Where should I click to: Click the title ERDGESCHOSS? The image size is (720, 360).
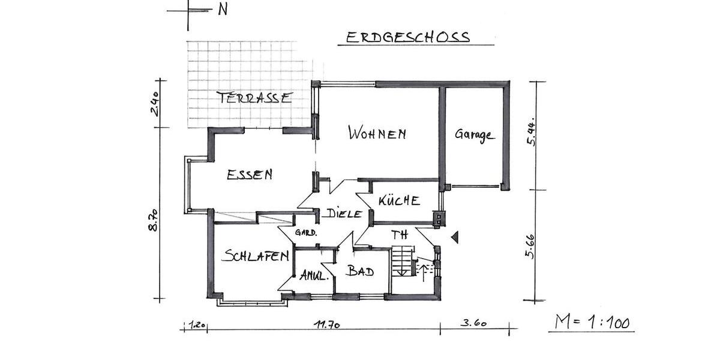pos(407,37)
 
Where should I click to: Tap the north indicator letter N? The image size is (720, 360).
pos(223,10)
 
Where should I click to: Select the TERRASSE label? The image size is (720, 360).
pos(254,98)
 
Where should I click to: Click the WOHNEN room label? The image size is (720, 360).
pos(377,134)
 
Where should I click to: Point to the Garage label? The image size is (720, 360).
pos(474,134)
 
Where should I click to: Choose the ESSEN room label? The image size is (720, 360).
pos(250,175)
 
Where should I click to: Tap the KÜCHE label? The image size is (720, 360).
pos(399,201)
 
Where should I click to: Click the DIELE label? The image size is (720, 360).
pos(344,214)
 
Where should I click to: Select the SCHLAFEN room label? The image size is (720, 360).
pos(255,256)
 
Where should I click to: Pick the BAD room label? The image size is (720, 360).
pos(361,271)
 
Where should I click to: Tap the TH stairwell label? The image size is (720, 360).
pos(399,234)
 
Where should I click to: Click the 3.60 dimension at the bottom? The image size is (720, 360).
pos(473,324)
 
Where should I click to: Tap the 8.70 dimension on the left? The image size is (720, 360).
pos(154,220)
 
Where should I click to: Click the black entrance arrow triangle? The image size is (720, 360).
pos(455,238)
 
